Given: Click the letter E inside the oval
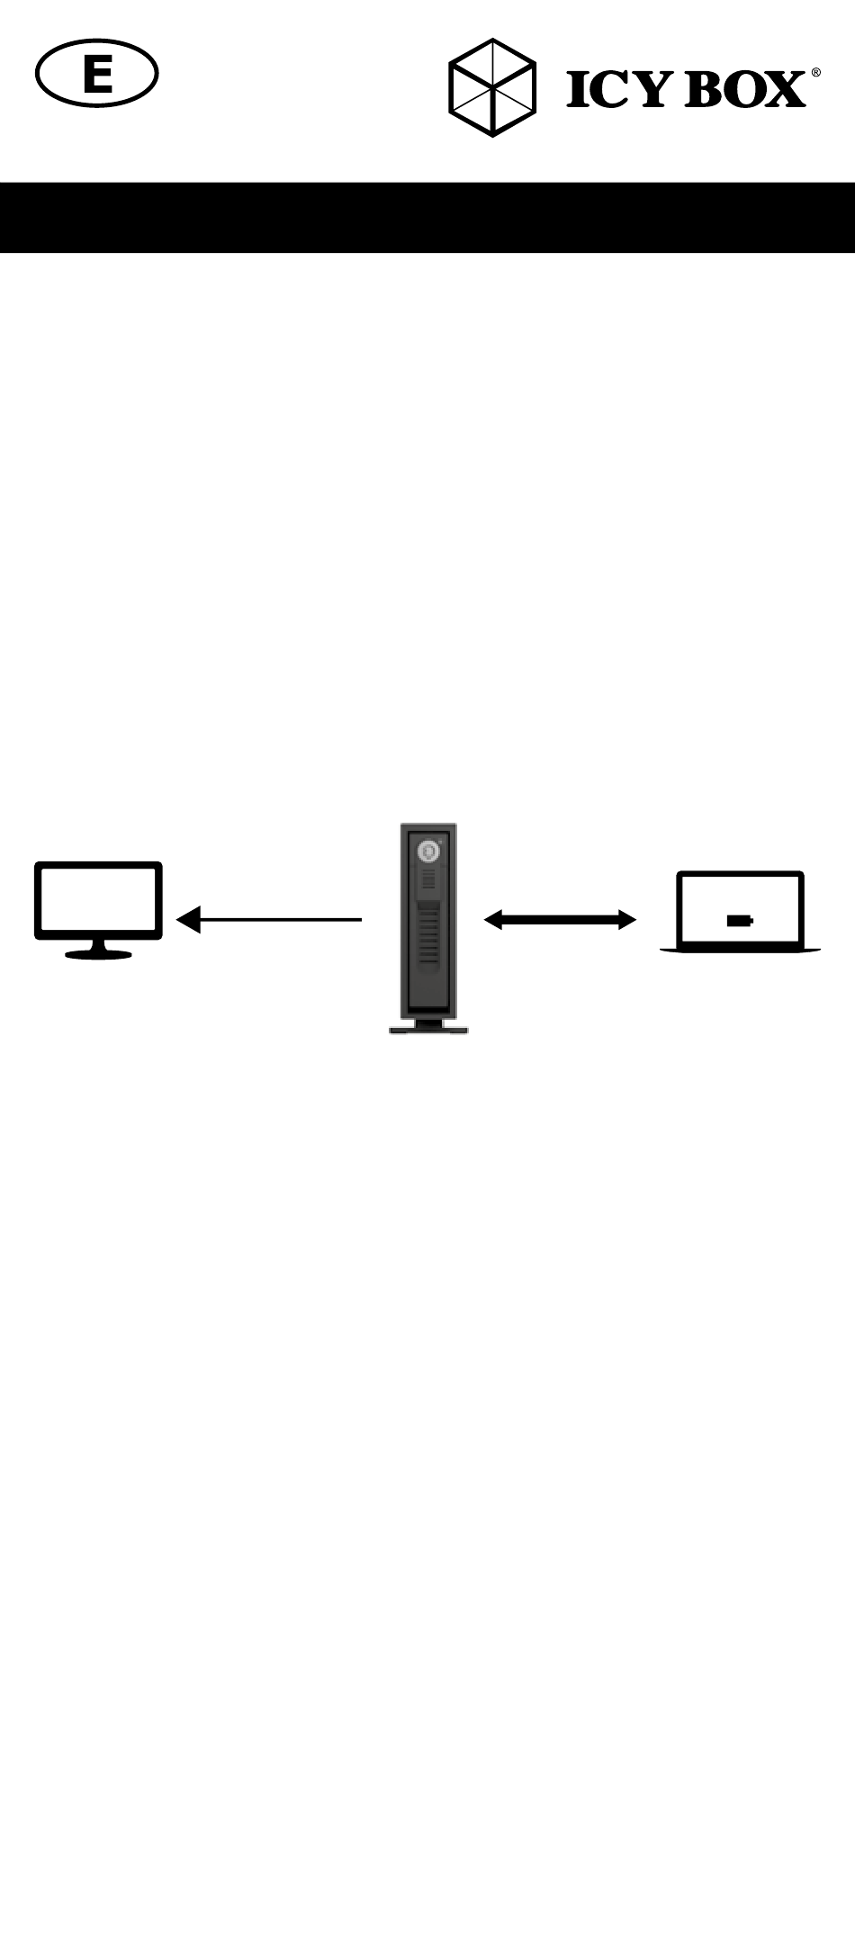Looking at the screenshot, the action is [x=97, y=76].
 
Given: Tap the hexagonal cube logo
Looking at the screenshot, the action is [x=491, y=88].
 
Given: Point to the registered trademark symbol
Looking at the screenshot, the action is [x=815, y=73].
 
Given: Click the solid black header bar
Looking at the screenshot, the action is [x=427, y=217].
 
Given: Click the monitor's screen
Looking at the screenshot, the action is [x=98, y=900].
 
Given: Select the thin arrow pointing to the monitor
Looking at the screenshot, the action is [x=270, y=919].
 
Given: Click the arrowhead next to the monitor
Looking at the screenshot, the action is [x=188, y=919].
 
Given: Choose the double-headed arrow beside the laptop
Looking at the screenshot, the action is [x=560, y=919].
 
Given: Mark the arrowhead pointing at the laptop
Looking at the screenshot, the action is [x=626, y=919].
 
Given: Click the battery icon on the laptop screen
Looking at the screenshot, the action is [x=740, y=921].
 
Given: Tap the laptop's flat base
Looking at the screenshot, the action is [x=740, y=950].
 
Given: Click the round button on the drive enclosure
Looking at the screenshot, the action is [x=427, y=850].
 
